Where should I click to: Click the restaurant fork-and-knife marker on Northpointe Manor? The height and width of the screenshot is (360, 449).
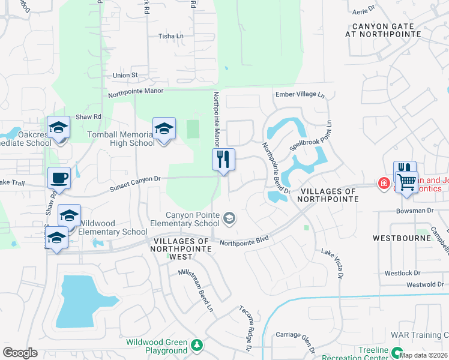click(223, 160)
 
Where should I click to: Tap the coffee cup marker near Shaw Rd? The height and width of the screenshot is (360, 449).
click(59, 178)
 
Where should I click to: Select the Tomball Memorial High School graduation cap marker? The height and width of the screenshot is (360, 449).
click(164, 129)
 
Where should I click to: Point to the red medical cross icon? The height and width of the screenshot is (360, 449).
click(382, 183)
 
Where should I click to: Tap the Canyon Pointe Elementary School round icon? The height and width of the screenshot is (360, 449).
click(229, 218)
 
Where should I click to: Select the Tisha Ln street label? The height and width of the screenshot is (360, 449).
click(170, 37)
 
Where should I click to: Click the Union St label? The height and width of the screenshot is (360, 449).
click(125, 76)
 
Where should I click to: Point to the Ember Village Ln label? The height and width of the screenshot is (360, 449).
click(300, 95)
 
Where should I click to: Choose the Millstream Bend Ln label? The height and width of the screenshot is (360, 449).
click(196, 290)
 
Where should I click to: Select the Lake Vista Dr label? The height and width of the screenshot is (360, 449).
click(331, 264)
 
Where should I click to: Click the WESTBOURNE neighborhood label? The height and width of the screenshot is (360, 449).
click(402, 238)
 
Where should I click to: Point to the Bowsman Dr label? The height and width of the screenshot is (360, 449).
click(414, 211)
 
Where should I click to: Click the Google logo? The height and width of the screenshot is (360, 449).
click(20, 353)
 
